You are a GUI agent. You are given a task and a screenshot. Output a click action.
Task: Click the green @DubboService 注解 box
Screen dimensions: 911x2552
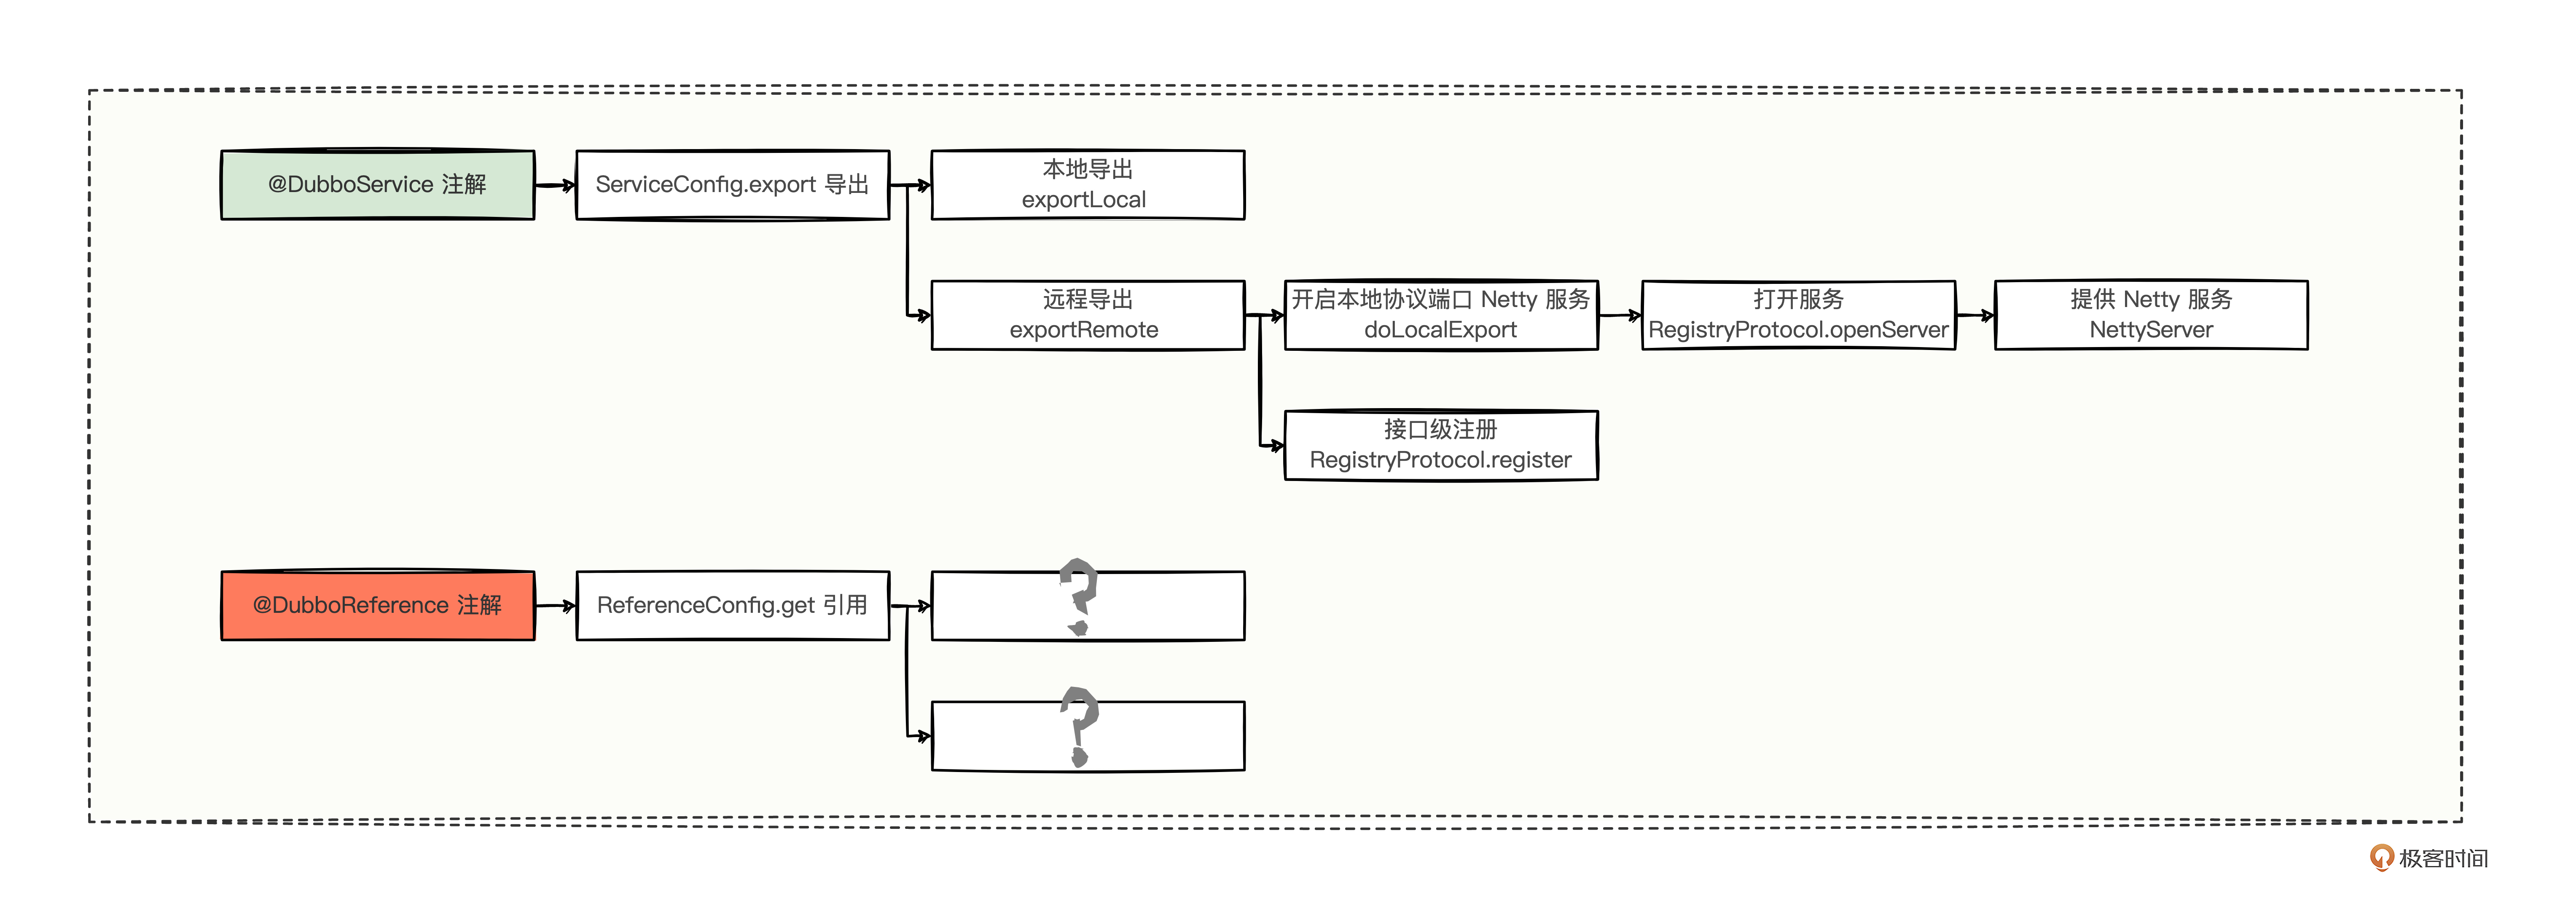[377, 185]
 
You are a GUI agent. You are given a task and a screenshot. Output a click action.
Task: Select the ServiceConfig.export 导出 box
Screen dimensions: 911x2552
[732, 185]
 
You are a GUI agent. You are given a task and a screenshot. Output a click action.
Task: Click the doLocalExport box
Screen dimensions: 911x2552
[1440, 315]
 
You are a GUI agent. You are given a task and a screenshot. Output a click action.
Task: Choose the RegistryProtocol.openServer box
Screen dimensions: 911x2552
[1798, 315]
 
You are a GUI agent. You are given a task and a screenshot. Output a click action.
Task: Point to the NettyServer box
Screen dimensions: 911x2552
[2151, 315]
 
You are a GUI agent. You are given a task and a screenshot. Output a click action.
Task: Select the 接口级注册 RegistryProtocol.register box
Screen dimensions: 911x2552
[1440, 446]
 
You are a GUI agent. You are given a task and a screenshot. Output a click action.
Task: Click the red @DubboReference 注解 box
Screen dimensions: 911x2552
[377, 605]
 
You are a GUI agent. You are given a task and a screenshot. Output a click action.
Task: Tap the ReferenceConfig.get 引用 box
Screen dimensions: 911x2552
[732, 605]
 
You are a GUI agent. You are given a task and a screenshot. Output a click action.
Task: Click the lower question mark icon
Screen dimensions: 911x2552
[1079, 725]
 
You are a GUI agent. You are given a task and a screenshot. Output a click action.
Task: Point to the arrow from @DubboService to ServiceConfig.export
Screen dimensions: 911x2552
[555, 185]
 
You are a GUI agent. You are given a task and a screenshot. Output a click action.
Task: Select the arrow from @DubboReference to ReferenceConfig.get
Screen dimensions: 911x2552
[555, 605]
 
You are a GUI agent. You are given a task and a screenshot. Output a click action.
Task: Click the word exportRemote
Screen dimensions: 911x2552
[1084, 330]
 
